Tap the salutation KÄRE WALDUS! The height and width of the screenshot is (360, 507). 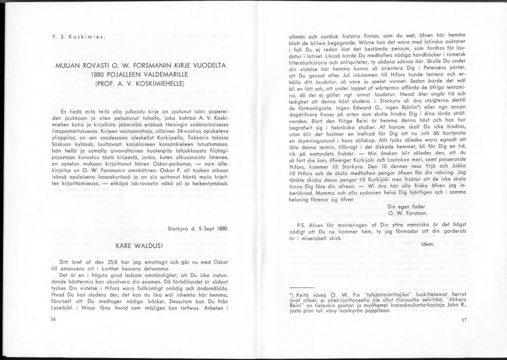[x=138, y=245]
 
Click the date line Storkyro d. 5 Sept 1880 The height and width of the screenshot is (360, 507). [x=198, y=228]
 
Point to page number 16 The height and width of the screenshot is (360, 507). [x=54, y=319]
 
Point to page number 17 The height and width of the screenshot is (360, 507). [x=463, y=320]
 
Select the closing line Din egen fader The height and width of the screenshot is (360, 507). [x=406, y=206]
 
